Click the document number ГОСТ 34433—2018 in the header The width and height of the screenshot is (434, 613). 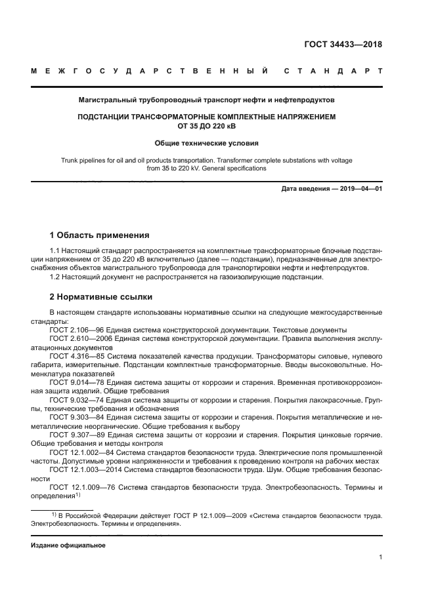pos(343,45)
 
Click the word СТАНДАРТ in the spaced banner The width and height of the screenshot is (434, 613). pos(334,71)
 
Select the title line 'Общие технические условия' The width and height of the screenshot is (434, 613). pos(206,142)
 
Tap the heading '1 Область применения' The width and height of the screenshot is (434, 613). pos(100,235)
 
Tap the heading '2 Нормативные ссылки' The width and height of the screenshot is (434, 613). pos(101,296)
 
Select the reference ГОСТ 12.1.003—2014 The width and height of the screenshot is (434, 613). pos(85,470)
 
